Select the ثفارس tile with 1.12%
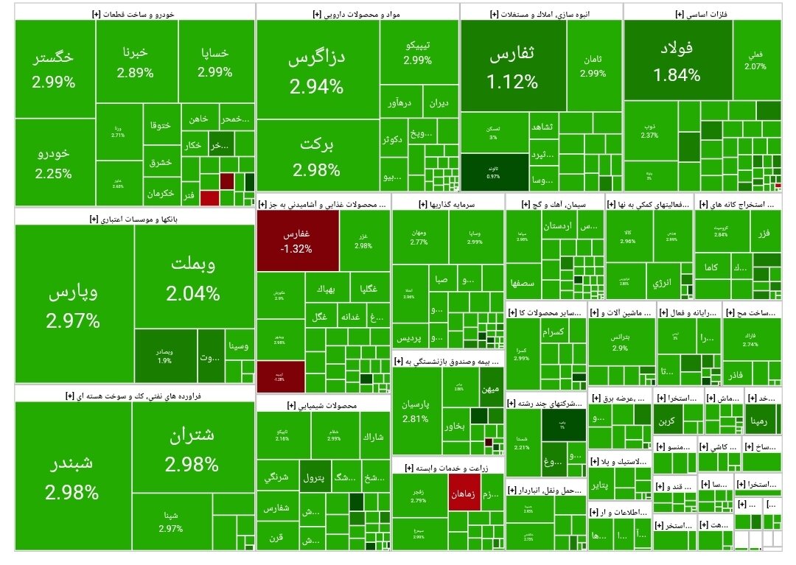point(513,66)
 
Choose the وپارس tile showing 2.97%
point(74,305)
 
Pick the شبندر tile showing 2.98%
point(72,477)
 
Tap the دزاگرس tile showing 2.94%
point(317,71)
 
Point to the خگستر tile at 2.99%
point(54,69)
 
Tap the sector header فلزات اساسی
point(701,13)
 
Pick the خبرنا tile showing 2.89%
point(136,63)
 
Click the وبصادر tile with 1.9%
point(164,357)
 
